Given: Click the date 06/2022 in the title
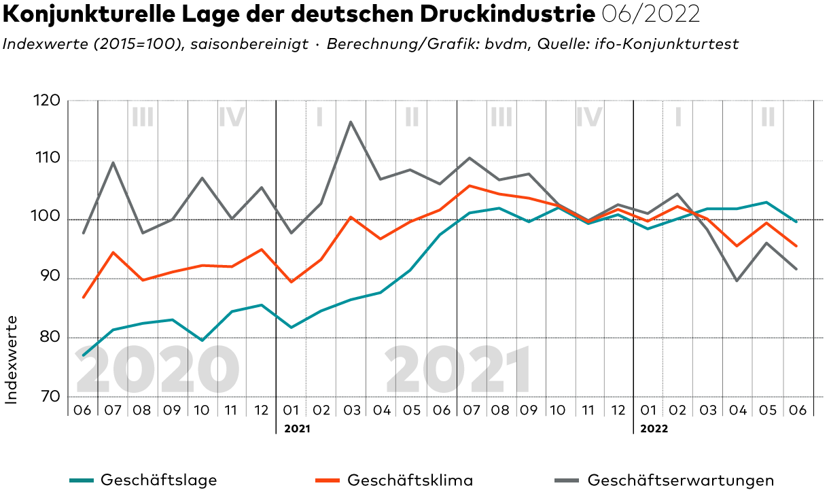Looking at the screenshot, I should (651, 14).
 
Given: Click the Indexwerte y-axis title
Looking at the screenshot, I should (12, 359).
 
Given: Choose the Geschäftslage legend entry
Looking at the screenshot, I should (159, 480).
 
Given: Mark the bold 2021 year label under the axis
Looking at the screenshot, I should (296, 429).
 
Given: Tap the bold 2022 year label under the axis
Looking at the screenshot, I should (654, 429).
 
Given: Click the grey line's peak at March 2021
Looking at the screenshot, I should (351, 122).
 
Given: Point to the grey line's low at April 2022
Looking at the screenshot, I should (737, 281).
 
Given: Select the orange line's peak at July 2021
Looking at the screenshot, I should (470, 186).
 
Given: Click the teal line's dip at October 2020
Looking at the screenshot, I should (202, 340).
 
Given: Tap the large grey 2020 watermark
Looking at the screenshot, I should (156, 370).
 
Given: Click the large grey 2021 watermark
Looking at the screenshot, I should (458, 370).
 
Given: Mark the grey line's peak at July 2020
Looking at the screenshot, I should (113, 162).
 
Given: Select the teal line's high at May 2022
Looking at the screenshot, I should (766, 203).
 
